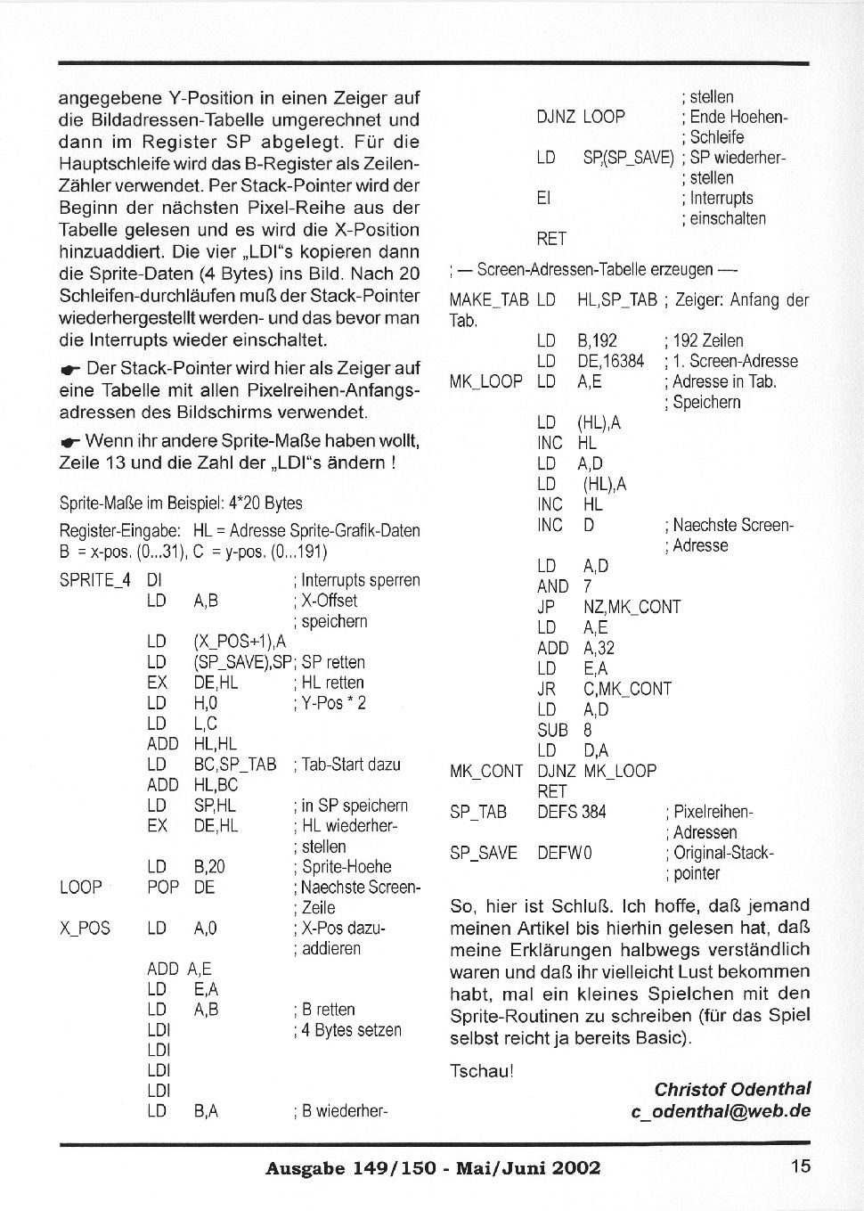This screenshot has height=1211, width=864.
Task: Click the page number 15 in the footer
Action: pos(800,1166)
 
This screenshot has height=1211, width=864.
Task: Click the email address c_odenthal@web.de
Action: pos(721,1111)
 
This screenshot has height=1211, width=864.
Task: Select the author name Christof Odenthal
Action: pos(732,1089)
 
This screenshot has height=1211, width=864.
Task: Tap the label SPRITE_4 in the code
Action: pos(94,580)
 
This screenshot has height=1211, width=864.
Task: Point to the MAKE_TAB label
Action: pos(488,300)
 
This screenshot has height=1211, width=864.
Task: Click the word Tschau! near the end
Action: pos(481,1071)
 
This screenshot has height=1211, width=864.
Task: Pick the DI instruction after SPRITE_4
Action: pos(154,580)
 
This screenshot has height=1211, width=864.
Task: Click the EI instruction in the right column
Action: pos(543,198)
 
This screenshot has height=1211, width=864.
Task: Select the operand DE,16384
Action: pos(610,361)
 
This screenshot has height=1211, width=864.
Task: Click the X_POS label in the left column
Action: pos(85,929)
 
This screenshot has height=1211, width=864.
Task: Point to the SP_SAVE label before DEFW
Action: pos(483,853)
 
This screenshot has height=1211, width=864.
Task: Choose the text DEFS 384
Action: pos(571,812)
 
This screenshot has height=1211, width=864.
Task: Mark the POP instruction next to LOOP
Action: pos(162,888)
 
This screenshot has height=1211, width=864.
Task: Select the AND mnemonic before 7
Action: pos(552,586)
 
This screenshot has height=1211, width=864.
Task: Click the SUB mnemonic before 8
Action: pos(552,730)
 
